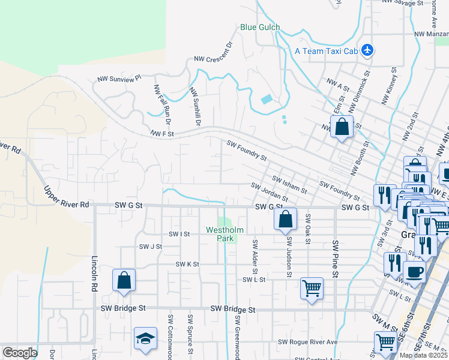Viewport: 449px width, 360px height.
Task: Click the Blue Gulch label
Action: [260, 27]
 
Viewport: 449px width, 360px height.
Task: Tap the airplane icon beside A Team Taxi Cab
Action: [368, 51]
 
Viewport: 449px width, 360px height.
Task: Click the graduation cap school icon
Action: [145, 339]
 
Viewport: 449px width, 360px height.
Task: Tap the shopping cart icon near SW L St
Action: [312, 289]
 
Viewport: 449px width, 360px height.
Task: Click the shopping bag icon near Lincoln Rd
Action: [124, 280]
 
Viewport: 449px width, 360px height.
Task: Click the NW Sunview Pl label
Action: [120, 79]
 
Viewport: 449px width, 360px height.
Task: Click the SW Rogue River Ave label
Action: [308, 342]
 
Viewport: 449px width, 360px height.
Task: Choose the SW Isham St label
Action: [289, 185]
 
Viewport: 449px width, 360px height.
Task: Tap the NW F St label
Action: [162, 134]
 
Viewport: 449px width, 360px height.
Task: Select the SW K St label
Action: [187, 264]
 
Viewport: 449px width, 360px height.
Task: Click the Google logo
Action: [20, 353]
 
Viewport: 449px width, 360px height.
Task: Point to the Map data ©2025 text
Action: [423, 355]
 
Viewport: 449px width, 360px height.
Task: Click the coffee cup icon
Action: [414, 271]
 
